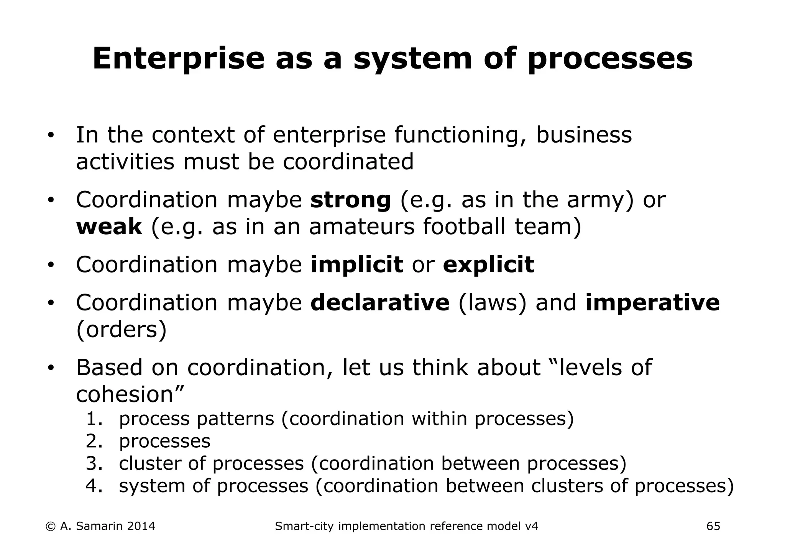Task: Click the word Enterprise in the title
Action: click(178, 59)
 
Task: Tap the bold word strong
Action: click(350, 200)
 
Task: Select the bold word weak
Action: click(109, 227)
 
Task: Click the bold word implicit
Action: click(356, 264)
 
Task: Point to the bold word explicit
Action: click(488, 264)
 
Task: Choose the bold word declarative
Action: click(379, 302)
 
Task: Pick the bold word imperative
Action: click(652, 302)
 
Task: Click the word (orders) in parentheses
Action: click(122, 329)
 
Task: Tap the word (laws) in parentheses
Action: click(493, 302)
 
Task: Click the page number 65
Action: click(713, 526)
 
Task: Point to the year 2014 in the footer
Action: click(141, 526)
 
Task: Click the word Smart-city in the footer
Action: click(304, 526)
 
